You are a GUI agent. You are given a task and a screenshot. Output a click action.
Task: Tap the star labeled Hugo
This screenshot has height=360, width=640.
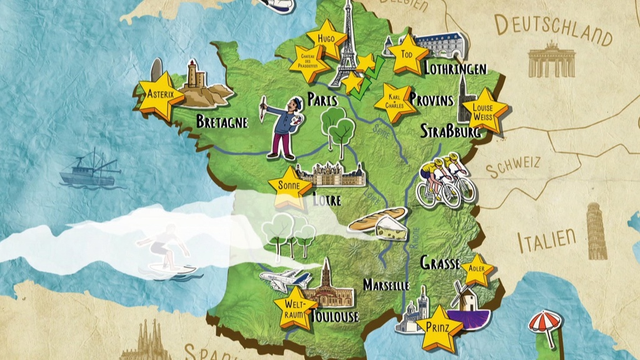point(326,38)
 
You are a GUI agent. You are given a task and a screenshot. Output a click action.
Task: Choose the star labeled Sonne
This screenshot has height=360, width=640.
point(289,186)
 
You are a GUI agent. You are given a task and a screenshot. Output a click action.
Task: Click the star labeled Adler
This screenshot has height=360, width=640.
point(477,269)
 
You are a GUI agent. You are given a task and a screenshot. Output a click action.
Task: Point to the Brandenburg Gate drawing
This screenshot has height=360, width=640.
point(551,60)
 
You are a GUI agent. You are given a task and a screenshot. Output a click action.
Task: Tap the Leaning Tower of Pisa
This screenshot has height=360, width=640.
point(596,232)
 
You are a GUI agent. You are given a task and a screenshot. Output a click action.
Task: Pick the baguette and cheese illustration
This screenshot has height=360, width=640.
point(380,222)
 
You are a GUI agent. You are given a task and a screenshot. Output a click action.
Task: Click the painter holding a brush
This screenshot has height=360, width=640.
point(281,125)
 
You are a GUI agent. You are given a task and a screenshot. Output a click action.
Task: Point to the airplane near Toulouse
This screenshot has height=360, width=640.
point(282,279)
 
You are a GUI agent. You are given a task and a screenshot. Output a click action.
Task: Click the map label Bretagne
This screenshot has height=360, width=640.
point(222,121)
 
